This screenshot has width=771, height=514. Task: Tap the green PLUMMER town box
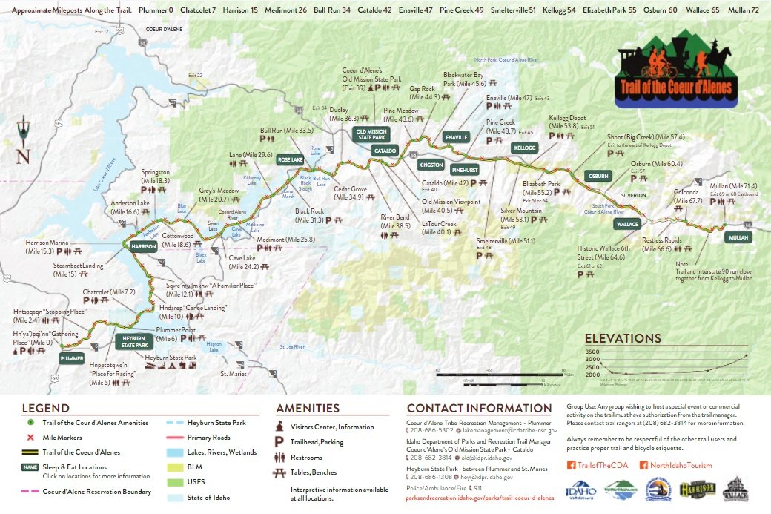point(71,358)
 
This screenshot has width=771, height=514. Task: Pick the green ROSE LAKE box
point(290,159)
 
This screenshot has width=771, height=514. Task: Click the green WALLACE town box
point(626,224)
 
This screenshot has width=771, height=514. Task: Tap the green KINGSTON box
point(431,164)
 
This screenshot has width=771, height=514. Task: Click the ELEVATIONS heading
point(623,338)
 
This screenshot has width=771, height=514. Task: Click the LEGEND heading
point(46,408)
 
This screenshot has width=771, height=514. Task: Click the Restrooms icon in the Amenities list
point(280,458)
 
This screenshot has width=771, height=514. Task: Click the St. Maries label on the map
point(233,374)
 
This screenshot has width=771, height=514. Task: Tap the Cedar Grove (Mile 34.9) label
point(348,194)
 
